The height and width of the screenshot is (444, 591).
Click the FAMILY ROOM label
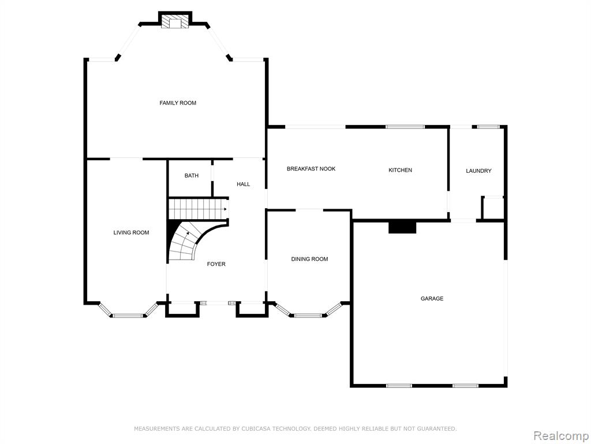[178, 103]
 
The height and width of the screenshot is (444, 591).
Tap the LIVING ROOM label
[131, 232]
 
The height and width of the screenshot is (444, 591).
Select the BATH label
[192, 176]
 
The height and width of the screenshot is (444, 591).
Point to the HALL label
[244, 184]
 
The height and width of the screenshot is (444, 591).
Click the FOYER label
[216, 264]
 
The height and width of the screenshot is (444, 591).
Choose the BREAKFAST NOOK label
[311, 169]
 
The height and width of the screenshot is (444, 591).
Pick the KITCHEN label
[401, 171]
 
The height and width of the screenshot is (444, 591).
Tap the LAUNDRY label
[478, 171]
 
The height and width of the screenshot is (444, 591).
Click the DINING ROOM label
[309, 259]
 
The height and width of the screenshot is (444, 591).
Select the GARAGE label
[432, 299]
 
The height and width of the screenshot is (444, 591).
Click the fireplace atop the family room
[175, 20]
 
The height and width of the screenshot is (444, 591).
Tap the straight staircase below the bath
[197, 209]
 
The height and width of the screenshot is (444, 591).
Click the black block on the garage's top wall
[402, 228]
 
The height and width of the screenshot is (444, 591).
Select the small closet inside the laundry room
[493, 208]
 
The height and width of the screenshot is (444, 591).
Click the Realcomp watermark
[560, 435]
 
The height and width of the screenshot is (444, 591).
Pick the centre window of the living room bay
[128, 316]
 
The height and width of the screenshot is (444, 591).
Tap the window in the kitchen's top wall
[405, 127]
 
